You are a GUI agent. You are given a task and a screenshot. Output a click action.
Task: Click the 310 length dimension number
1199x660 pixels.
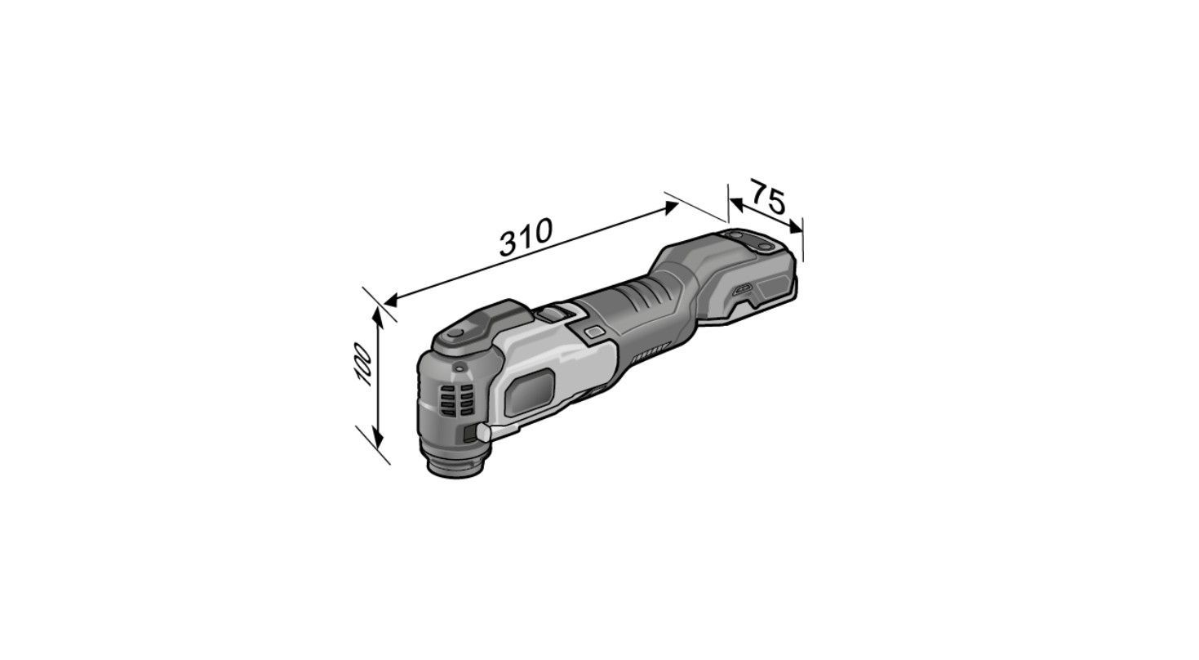[x=525, y=237]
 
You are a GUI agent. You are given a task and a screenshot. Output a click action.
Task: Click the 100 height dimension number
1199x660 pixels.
[x=363, y=365]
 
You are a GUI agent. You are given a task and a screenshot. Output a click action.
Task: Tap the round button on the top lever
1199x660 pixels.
[x=456, y=333]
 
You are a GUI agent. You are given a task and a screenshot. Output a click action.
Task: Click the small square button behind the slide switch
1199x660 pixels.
[x=593, y=332]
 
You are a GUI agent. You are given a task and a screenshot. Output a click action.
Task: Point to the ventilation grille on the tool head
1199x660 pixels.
[x=456, y=401]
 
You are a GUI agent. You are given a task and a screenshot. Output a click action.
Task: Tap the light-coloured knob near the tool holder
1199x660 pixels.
[x=483, y=432]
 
